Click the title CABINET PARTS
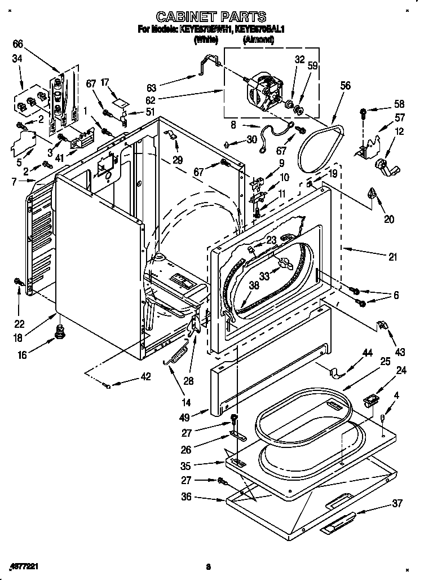tap(210, 17)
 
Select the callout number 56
tap(345, 86)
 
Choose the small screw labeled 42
tap(108, 385)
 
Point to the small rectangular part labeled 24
tap(371, 401)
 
